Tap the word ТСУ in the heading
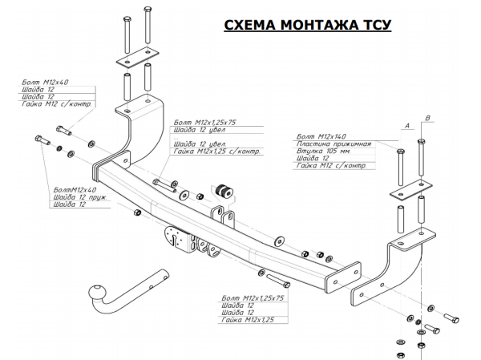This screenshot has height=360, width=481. (372, 26)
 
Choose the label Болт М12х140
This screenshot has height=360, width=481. (321, 137)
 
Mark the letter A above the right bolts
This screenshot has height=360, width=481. (407, 127)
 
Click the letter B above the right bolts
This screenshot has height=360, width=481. (427, 119)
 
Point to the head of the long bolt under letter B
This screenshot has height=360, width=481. (421, 140)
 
